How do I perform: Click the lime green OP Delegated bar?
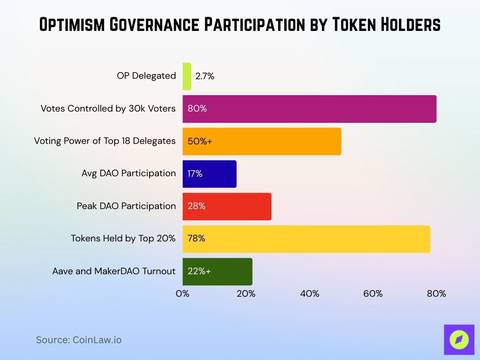pos(187,76)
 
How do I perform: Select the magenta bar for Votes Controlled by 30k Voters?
pos(309,109)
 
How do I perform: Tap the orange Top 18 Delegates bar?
pos(262,141)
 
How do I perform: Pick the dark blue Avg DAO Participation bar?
pos(210,174)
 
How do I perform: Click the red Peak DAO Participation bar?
pos(227,206)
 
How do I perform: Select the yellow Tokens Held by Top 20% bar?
pos(306,239)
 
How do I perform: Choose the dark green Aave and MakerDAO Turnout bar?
pos(217,271)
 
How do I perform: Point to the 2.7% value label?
pos(205,76)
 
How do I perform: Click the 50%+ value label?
pos(200,141)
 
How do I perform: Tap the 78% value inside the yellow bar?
pos(196,239)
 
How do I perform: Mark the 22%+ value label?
pos(199,271)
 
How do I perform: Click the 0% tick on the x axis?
pos(182,294)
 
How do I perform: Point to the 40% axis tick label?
pos(309,294)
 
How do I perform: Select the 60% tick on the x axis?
pos(373,294)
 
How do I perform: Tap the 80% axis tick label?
pos(436,294)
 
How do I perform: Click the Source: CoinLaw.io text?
pos(79,340)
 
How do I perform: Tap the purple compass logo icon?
pos(459,340)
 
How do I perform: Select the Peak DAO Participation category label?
pos(126,206)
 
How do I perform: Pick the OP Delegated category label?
pos(146,76)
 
